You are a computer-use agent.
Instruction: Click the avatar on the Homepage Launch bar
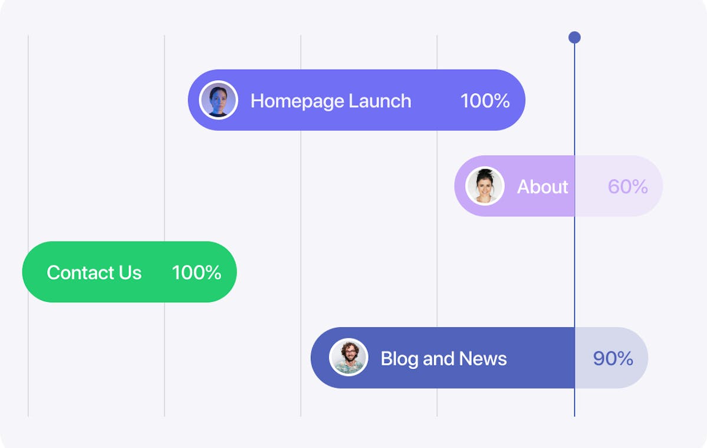[x=218, y=100]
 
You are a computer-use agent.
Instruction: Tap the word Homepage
[x=297, y=101]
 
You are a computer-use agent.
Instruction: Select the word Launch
[x=380, y=101]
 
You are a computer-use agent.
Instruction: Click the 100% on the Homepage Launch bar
[x=485, y=101]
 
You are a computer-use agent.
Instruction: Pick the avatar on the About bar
[x=485, y=186]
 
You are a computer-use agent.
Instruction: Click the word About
[x=542, y=187]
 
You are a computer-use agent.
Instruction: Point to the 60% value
[x=627, y=187]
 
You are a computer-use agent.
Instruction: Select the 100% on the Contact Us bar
[x=196, y=272]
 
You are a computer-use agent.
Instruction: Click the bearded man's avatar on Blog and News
[x=348, y=357]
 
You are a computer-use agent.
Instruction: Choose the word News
[x=482, y=358]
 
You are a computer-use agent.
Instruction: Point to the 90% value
[x=613, y=358]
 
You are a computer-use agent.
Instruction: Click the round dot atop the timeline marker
[x=574, y=37]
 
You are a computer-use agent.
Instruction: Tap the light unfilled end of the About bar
[x=619, y=186]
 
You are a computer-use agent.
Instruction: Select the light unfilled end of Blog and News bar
[x=611, y=358]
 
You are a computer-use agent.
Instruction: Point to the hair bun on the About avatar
[x=485, y=172]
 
